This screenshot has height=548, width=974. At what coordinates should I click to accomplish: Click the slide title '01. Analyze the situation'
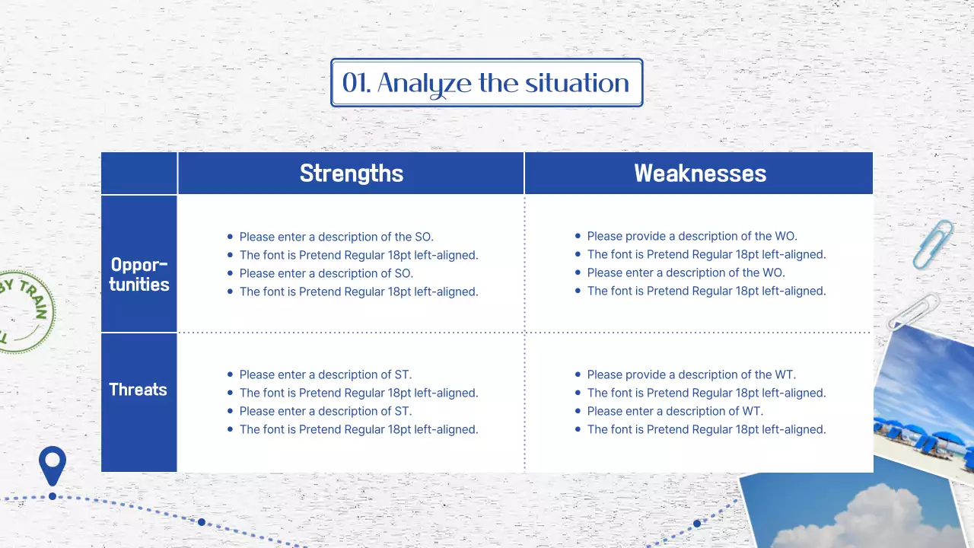coord(486,83)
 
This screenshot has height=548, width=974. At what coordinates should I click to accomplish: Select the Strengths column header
coord(352,173)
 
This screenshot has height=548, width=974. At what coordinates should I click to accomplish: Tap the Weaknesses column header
coord(700,173)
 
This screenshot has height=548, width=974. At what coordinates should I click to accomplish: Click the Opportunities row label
coord(139,275)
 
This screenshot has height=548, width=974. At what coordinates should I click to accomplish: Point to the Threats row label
coord(138,390)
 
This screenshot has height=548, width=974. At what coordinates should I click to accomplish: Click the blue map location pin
coord(53,465)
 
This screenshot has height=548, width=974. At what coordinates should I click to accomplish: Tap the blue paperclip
coord(933,244)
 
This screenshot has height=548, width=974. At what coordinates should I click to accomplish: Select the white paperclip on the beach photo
coord(913,311)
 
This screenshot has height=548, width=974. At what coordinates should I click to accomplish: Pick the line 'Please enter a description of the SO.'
coord(336,237)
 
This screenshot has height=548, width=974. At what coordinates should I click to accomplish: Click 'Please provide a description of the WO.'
coord(692,236)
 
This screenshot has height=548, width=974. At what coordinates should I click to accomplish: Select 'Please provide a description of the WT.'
coord(692,374)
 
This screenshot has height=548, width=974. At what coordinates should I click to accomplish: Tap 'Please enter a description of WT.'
coord(675,411)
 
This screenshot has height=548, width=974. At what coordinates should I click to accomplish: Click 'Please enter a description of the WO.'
coord(686,272)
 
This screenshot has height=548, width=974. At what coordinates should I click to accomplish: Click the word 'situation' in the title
coord(577,83)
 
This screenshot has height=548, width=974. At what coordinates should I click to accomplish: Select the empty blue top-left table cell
coord(139,173)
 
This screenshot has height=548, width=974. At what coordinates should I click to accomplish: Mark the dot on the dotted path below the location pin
coord(53,496)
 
